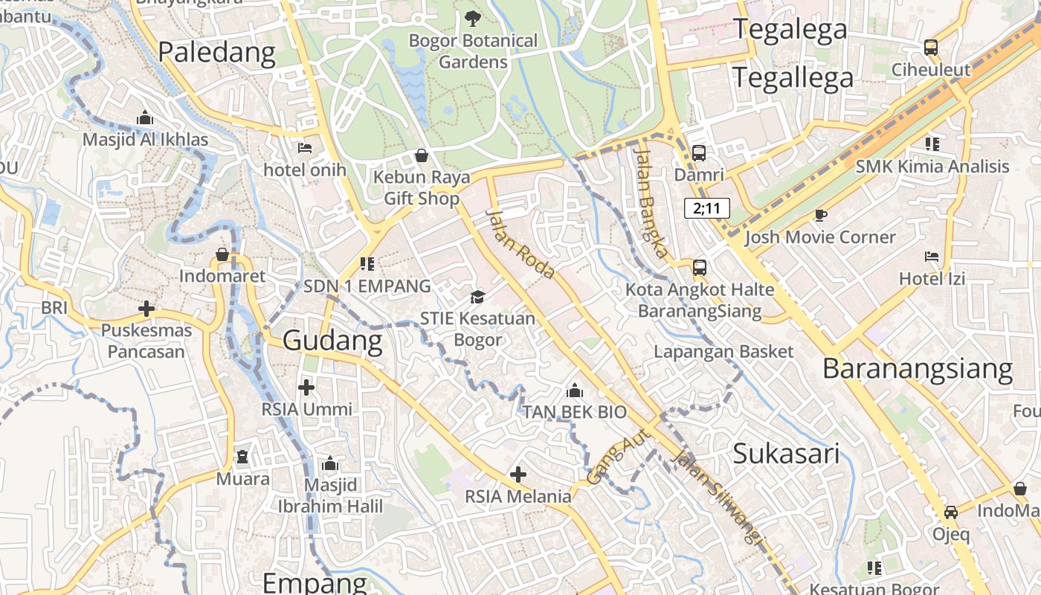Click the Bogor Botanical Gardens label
473,51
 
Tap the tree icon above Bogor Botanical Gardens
472,18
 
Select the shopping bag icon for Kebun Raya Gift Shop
422,155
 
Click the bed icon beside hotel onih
305,148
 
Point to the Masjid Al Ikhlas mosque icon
145,118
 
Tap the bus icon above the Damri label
699,153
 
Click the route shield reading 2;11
706,208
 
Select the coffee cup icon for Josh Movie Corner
820,216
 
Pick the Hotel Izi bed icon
932,257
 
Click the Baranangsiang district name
918,369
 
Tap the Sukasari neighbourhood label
786,453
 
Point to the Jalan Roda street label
520,244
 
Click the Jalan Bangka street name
652,202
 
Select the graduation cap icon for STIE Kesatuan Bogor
477,297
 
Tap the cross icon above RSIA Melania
518,474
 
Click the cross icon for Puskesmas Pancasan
146,308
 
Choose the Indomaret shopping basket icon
222,254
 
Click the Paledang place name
216,53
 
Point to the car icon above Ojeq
951,512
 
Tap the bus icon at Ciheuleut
931,48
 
